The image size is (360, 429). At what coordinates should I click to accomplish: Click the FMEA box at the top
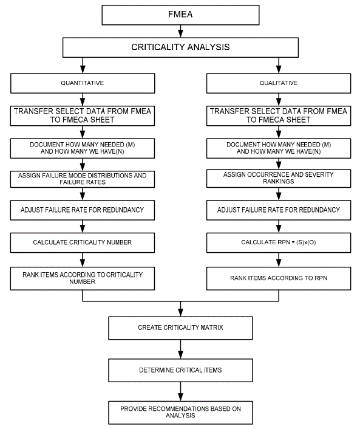[x=180, y=15]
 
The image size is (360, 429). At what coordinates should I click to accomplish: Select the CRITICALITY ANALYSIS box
[x=180, y=47]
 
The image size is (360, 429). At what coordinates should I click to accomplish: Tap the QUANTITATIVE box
[x=83, y=83]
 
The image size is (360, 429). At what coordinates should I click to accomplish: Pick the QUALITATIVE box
[x=279, y=83]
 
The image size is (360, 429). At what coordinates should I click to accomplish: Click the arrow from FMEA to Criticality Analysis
[x=180, y=31]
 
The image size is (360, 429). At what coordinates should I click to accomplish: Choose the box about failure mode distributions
[x=83, y=179]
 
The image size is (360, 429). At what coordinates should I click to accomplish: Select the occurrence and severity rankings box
[x=279, y=179]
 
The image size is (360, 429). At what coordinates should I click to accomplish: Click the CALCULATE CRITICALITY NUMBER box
[x=83, y=242]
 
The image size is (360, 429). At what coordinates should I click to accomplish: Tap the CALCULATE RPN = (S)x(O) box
[x=279, y=242]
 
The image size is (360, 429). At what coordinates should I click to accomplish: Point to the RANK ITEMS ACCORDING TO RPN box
[x=279, y=278]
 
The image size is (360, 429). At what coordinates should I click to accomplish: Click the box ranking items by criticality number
[x=83, y=278]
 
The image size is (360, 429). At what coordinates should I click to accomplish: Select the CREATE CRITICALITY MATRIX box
[x=180, y=328]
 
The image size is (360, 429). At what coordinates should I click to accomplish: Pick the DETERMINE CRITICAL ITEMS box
[x=180, y=371]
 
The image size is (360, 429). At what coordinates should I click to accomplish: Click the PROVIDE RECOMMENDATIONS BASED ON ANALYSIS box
[x=180, y=413]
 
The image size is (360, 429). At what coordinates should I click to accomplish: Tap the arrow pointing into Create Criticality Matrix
[x=180, y=309]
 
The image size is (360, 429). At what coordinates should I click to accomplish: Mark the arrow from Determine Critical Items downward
[x=180, y=391]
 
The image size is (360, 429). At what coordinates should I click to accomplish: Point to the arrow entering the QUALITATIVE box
[x=279, y=66]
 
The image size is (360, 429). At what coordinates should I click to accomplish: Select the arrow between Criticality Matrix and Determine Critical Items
[x=180, y=349]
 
